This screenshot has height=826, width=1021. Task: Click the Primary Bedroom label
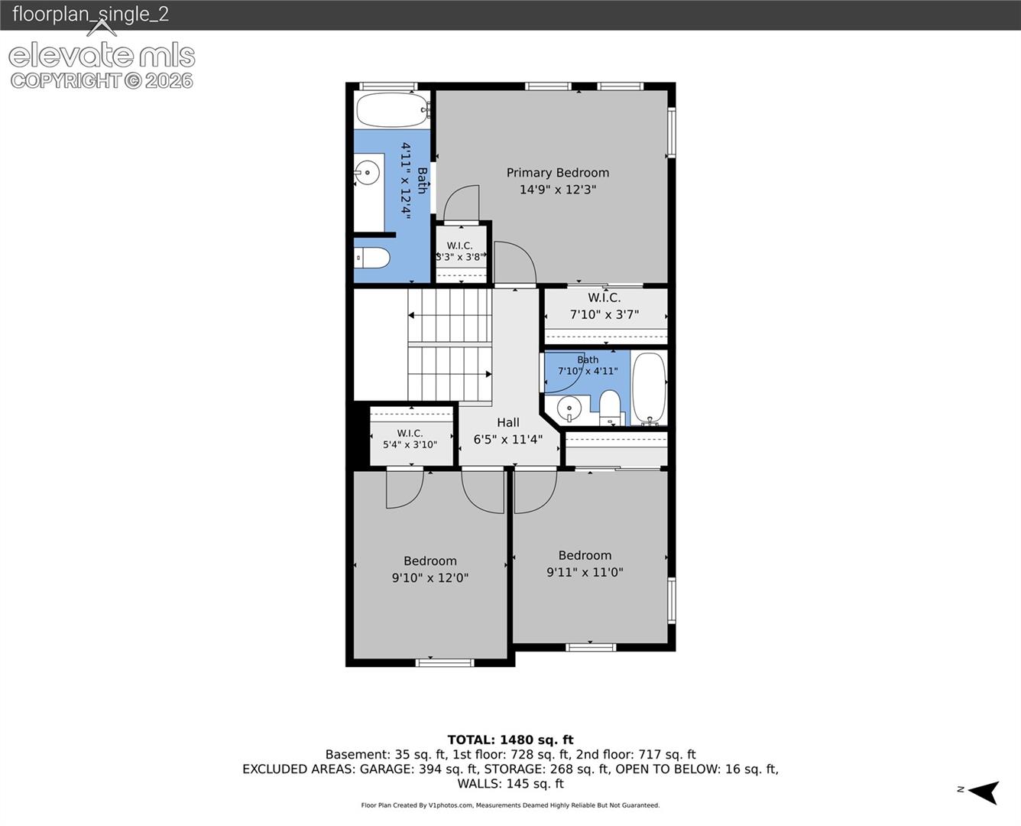pyautogui.click(x=557, y=173)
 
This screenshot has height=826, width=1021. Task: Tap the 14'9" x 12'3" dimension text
pyautogui.click(x=557, y=190)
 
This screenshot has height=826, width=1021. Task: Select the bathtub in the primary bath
pyautogui.click(x=393, y=110)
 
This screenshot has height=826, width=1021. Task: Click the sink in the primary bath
pyautogui.click(x=367, y=172)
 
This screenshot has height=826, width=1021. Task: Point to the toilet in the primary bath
pyautogui.click(x=372, y=258)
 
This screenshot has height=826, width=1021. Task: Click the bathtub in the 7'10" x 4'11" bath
pyautogui.click(x=649, y=389)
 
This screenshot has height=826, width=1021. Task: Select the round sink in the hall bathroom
pyautogui.click(x=569, y=409)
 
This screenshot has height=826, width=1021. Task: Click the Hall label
pyautogui.click(x=508, y=423)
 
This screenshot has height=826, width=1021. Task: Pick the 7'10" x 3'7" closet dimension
pyautogui.click(x=604, y=314)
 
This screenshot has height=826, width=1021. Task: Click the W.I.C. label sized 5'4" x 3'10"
pyautogui.click(x=410, y=433)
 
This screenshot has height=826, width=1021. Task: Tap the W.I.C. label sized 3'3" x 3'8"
pyautogui.click(x=460, y=246)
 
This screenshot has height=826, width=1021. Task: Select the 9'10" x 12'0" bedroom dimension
pyautogui.click(x=430, y=577)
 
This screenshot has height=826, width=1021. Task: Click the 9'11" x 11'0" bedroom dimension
pyautogui.click(x=585, y=572)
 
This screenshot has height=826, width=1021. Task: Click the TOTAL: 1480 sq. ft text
pyautogui.click(x=510, y=740)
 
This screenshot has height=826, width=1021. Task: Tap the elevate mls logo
pyautogui.click(x=102, y=55)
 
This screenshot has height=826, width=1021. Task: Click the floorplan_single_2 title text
pyautogui.click(x=91, y=14)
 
